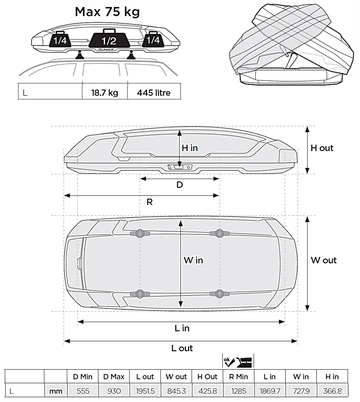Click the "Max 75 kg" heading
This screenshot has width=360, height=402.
[x=107, y=12]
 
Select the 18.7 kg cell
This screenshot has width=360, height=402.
[x=105, y=93]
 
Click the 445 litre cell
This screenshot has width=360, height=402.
[x=154, y=93]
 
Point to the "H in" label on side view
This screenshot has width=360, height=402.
[x=190, y=148]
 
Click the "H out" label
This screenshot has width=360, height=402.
[x=322, y=148]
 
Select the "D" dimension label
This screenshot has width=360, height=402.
[x=180, y=185]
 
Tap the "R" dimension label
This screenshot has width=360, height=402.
[x=150, y=202]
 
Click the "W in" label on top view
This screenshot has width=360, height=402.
[x=193, y=260]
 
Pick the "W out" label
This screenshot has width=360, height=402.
[x=324, y=260]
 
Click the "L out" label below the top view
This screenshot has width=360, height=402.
[x=182, y=348]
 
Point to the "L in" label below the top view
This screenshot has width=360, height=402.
[x=182, y=328]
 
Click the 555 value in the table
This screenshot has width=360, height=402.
[x=83, y=391]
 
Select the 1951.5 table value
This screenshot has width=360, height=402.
[x=145, y=391]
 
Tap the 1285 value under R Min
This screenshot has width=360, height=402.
[x=239, y=391]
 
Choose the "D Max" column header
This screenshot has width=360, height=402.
[x=114, y=376]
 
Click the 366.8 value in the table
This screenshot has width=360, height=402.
[x=332, y=391]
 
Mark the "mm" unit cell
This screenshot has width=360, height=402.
[x=56, y=391]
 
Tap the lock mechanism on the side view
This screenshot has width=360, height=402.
[x=180, y=167]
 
